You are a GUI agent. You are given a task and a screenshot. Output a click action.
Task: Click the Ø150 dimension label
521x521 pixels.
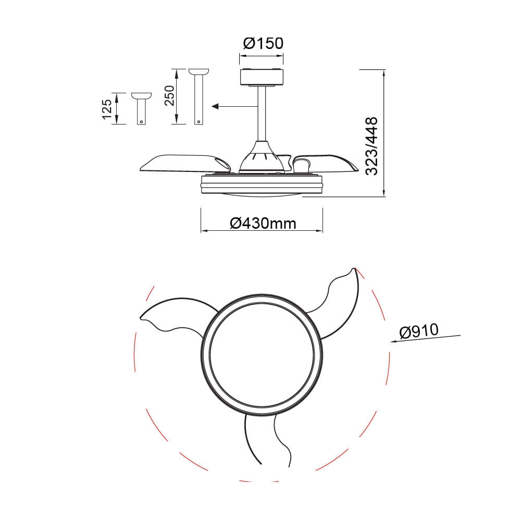[x=263, y=43]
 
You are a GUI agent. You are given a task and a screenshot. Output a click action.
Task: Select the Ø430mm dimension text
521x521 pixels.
[x=263, y=224]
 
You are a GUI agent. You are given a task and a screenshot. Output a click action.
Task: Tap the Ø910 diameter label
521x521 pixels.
[x=419, y=331]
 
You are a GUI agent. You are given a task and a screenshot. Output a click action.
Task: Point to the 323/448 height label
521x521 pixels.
[x=372, y=146]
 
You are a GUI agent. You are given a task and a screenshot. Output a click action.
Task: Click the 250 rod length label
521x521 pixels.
[x=169, y=95]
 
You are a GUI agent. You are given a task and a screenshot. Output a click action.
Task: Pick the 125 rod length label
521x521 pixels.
[x=107, y=109]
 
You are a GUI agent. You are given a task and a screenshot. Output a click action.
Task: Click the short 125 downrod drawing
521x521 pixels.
[x=142, y=109]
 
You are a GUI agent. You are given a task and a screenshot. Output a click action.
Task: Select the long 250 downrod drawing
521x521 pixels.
[x=199, y=97]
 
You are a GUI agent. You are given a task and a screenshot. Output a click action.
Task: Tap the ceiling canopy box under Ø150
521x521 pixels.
[x=262, y=77]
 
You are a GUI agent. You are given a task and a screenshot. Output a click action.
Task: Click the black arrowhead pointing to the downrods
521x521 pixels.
[x=215, y=106]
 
